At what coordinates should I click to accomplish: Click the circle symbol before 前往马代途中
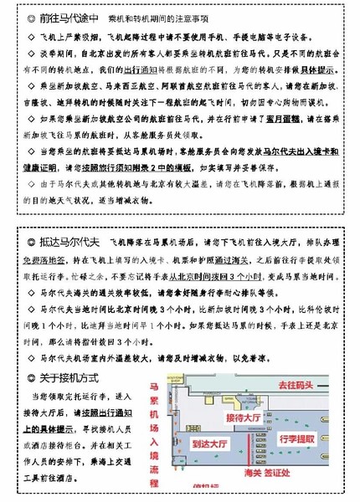coord(30,17)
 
